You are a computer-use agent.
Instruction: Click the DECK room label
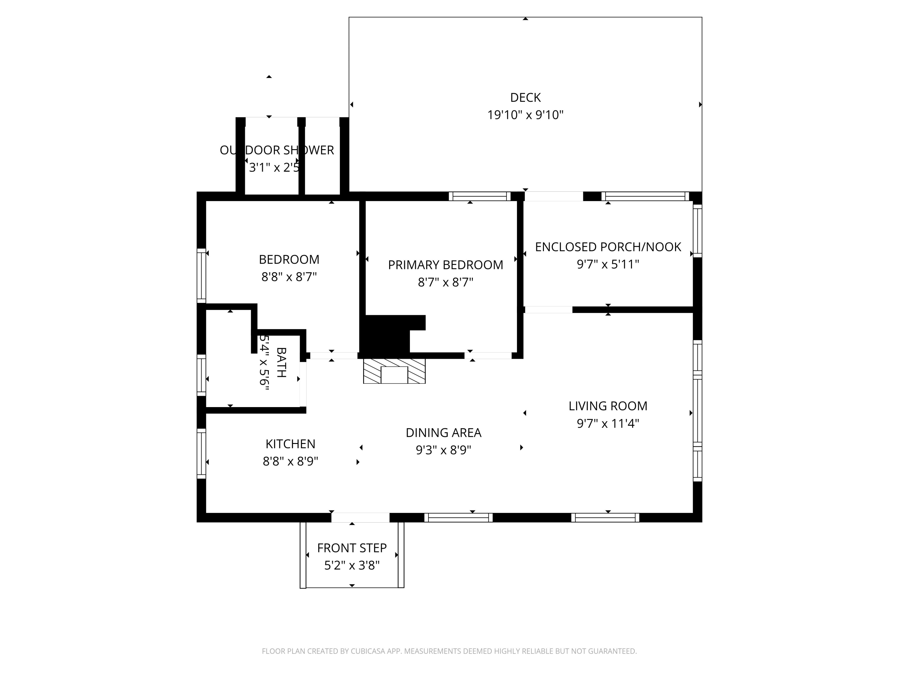tap(525, 97)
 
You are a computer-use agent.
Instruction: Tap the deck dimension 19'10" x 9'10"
tap(525, 115)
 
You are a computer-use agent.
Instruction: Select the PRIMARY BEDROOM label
tap(445, 265)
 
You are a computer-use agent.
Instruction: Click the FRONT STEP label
tap(352, 548)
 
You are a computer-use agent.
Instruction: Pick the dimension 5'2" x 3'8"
tap(352, 566)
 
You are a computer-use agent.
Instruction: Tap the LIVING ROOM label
tap(608, 406)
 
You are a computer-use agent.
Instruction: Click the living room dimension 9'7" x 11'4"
tap(608, 424)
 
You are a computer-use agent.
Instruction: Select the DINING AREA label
tap(444, 433)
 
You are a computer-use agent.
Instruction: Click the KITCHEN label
tap(290, 444)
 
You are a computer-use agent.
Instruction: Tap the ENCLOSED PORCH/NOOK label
tap(608, 247)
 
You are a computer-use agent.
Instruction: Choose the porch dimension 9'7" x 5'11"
tap(608, 265)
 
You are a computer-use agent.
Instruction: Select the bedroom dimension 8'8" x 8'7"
tap(289, 277)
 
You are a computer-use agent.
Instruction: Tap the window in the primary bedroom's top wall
tap(479, 196)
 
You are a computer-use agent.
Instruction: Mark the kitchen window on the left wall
tap(201, 454)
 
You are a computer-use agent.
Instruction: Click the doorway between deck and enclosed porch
tap(553, 196)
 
